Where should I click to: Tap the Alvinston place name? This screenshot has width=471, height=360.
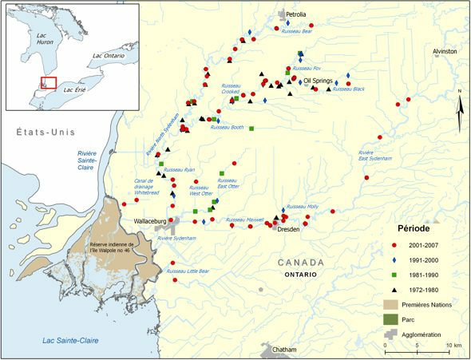(x=445, y=51)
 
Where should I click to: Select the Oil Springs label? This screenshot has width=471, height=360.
(x=318, y=81)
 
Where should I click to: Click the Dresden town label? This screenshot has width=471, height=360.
(x=289, y=229)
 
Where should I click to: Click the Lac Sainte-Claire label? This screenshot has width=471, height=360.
(x=71, y=341)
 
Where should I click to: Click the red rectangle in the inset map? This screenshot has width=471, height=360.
(x=49, y=82)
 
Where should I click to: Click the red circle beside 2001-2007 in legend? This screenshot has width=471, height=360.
(x=395, y=244)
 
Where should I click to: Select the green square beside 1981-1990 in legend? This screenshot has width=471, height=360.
(x=395, y=274)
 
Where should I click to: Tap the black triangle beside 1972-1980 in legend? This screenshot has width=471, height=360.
(x=395, y=289)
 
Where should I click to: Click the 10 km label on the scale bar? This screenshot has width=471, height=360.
(x=452, y=345)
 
